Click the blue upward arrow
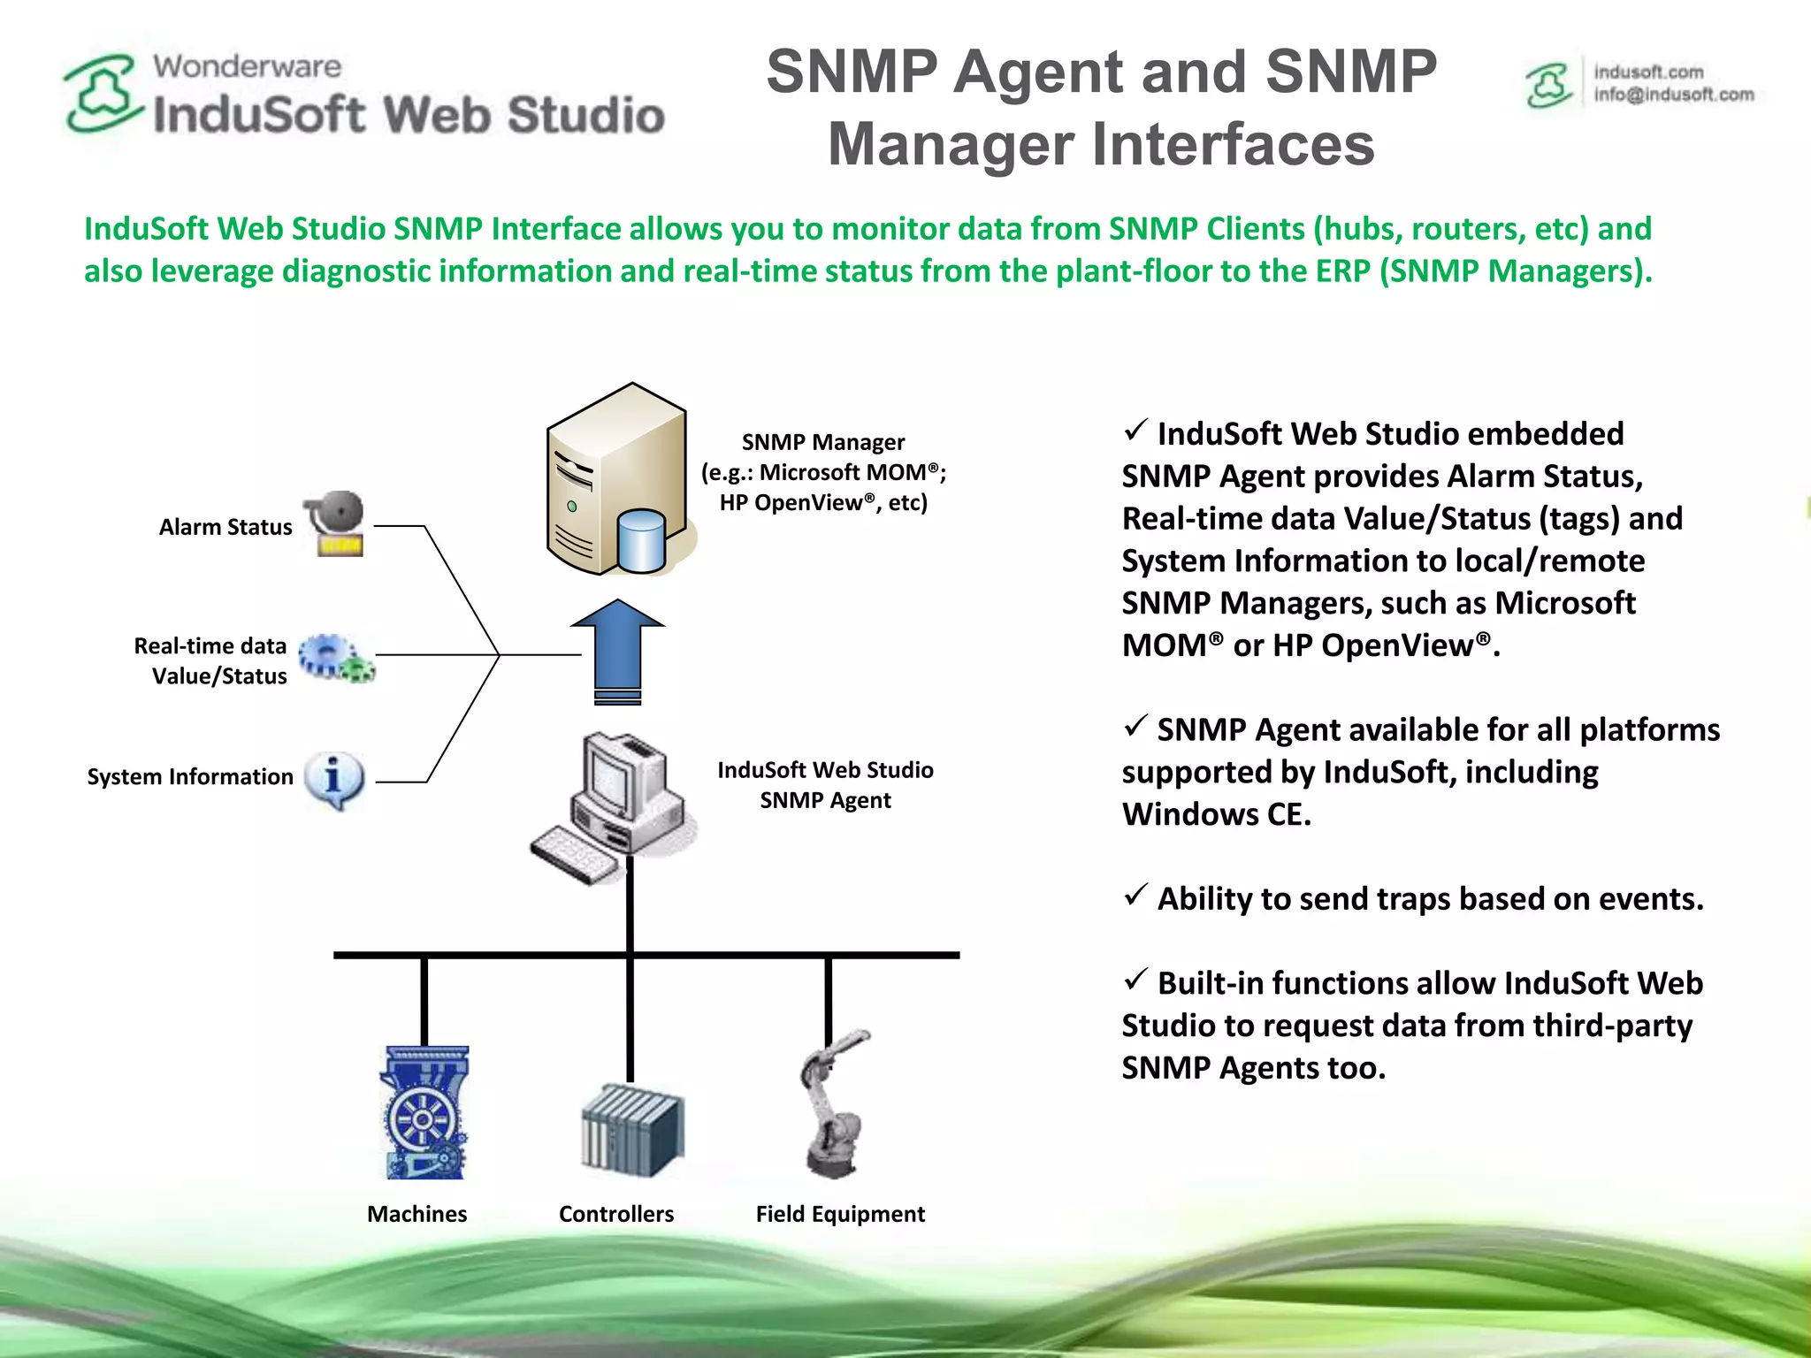617,650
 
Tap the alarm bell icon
337,523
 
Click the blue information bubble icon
333,779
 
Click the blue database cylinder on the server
642,541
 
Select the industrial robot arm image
834,1105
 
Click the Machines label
416,1214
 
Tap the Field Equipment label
840,1214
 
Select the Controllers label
615,1214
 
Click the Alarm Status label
225,527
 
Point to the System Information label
190,777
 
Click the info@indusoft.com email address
1673,95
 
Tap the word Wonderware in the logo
247,66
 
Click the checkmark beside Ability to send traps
1135,895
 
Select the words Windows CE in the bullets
1215,814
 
